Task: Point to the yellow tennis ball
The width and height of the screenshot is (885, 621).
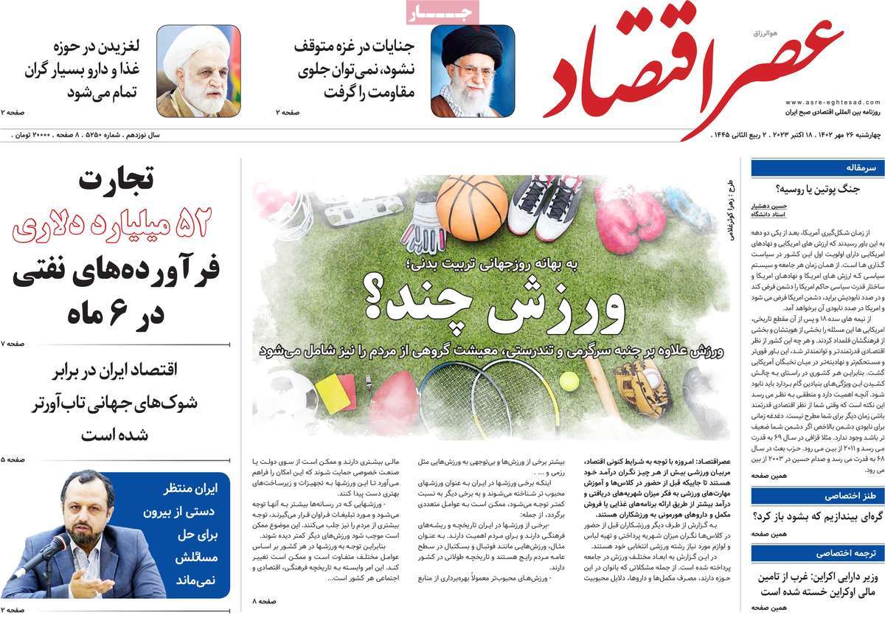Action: (x=569, y=381)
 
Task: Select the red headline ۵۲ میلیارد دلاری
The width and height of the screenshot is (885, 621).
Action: (x=111, y=225)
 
